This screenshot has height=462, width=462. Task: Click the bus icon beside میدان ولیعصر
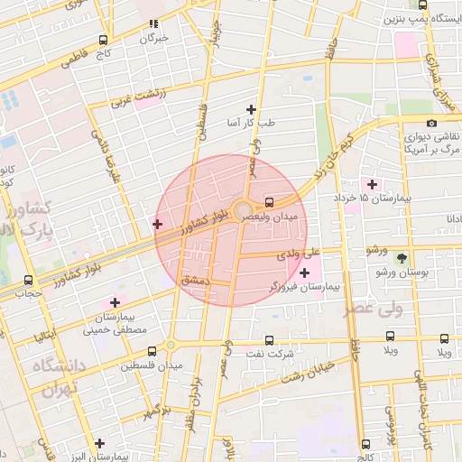[269, 202]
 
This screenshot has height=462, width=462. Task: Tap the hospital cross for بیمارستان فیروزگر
[304, 273]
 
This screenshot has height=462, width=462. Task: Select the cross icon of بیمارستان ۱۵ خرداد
[372, 184]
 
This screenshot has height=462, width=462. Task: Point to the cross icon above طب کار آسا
[251, 109]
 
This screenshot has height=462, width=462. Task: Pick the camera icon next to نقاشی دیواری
[431, 123]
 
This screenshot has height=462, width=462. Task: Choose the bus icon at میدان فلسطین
[152, 351]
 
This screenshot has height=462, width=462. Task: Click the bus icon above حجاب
[29, 280]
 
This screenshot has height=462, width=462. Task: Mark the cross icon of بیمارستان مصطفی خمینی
[115, 302]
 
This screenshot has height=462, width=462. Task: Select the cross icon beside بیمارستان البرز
[99, 443]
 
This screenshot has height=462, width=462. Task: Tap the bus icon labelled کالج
[366, 443]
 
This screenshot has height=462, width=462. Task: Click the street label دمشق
[196, 281]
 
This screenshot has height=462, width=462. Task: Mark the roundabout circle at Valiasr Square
[242, 213]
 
